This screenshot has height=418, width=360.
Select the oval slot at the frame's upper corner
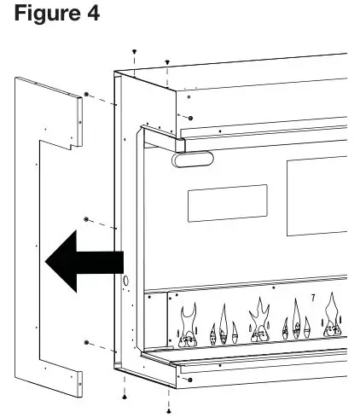coord(189,159)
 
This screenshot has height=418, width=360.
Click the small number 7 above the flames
coord(313,298)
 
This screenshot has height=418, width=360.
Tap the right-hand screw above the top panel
coord(166,62)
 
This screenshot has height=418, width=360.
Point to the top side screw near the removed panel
coord(87,95)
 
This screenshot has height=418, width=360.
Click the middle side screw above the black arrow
coord(87,221)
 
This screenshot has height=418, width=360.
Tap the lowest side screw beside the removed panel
coord(87,342)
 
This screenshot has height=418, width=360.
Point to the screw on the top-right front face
coord(189,117)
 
